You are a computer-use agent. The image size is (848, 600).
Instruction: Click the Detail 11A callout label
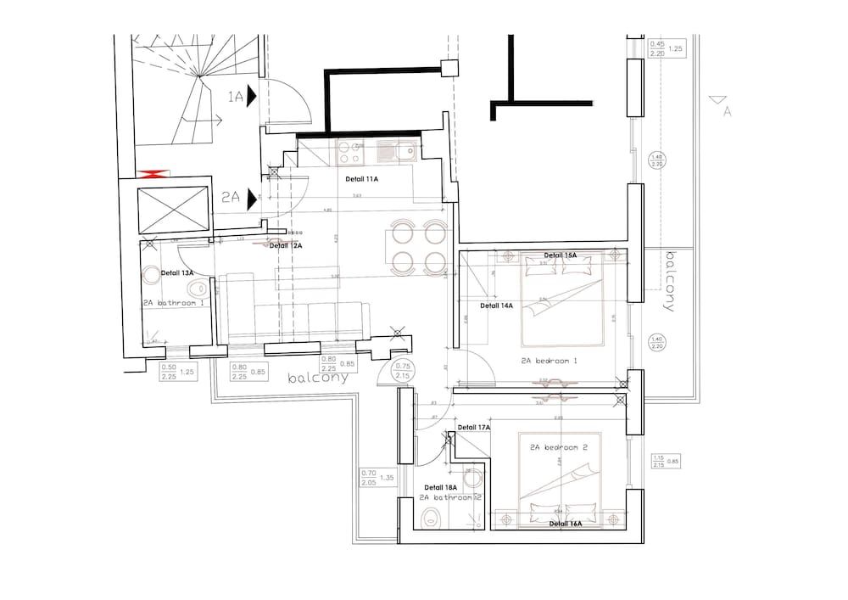pos(361,180)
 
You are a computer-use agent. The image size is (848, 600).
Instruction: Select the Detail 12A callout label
pos(286,245)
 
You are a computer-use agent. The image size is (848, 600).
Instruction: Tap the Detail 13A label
pos(177,273)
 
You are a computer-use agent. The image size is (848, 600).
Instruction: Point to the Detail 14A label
pos(496,306)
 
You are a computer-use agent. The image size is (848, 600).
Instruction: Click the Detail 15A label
pos(560,255)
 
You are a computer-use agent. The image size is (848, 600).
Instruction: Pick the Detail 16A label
pos(565,524)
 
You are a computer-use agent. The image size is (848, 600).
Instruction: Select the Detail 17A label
pos(473,428)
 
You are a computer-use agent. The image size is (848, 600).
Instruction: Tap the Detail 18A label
pos(440,488)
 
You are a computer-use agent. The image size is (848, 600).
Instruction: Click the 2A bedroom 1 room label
pos(549,361)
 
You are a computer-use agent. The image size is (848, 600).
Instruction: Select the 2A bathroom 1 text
pos(174,302)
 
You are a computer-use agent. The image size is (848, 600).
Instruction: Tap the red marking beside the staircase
pos(154,174)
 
